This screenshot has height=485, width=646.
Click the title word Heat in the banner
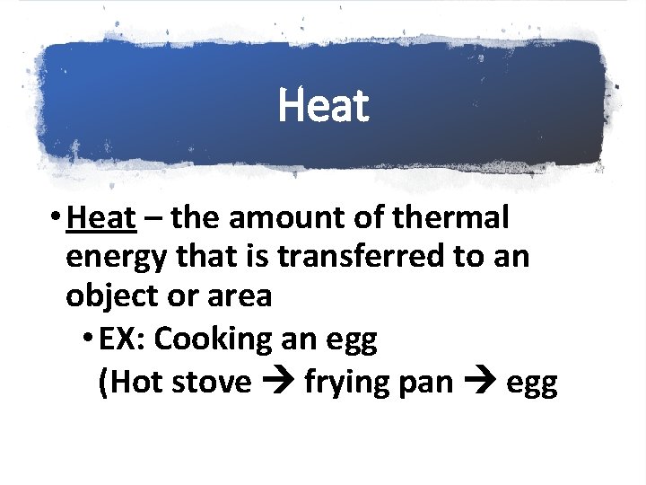click(323, 106)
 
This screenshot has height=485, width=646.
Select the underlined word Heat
click(101, 217)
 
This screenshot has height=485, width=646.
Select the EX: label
click(123, 339)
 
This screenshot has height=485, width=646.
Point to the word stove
click(213, 382)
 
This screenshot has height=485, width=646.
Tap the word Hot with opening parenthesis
click(129, 382)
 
